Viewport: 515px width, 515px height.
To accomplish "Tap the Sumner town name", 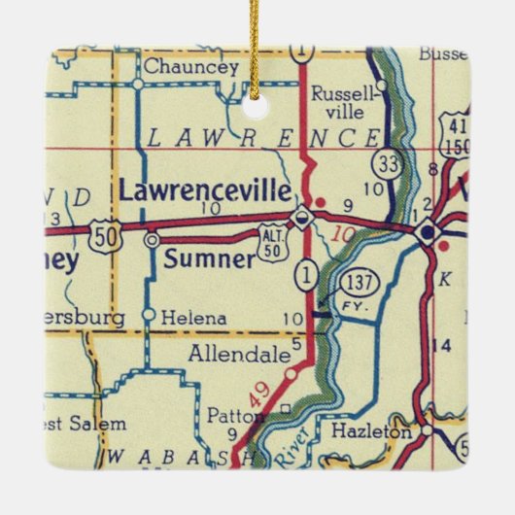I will point(209,258).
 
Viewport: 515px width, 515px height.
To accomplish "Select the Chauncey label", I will point(190,67).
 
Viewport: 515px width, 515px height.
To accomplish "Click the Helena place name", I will point(194,318).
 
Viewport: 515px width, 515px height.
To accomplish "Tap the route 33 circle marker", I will point(390,164).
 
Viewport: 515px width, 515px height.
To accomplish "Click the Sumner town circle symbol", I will point(151,238).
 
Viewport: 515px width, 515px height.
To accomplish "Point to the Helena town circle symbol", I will point(148,315).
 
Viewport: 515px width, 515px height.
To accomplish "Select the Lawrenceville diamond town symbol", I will point(304,217).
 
